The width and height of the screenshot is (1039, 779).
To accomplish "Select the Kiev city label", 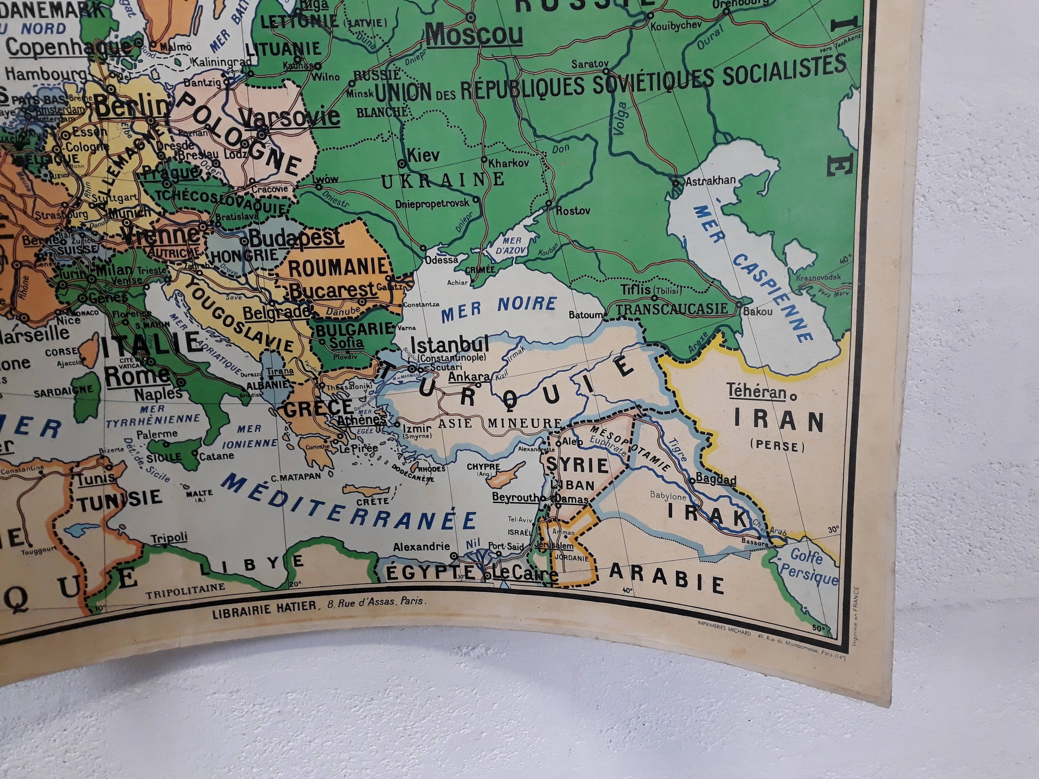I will tap(423, 156).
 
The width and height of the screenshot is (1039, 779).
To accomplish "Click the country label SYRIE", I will tap(577, 465).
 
